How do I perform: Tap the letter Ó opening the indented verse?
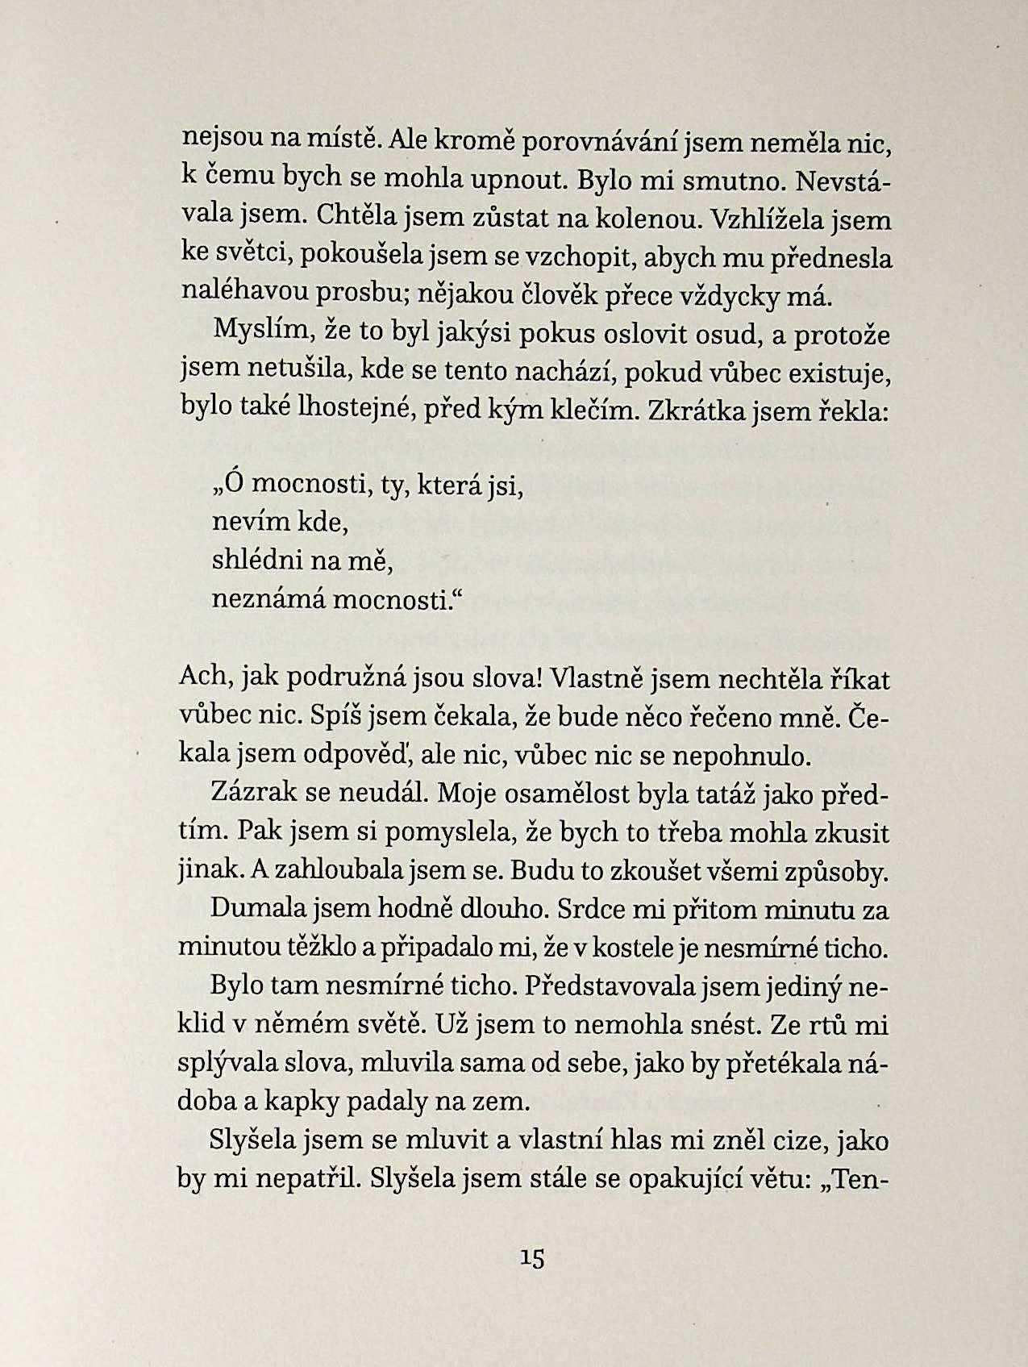(x=234, y=485)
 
